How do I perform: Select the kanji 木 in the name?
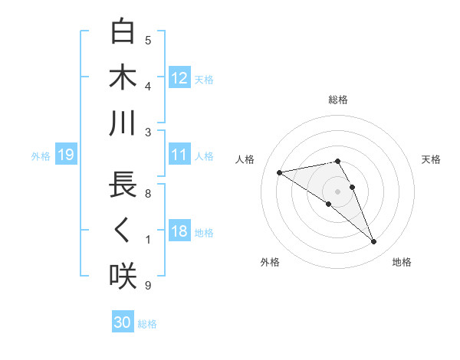click(123, 78)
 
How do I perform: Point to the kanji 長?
click(123, 186)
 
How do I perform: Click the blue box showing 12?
click(179, 77)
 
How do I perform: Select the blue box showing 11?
click(179, 155)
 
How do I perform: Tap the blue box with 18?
click(179, 232)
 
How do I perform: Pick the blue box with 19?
click(65, 155)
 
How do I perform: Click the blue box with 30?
click(123, 323)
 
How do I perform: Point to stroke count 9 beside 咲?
click(147, 286)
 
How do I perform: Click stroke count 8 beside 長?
click(147, 195)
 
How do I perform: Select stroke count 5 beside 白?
click(148, 41)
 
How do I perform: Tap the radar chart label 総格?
click(338, 100)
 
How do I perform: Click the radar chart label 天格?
click(431, 159)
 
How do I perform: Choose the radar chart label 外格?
click(270, 262)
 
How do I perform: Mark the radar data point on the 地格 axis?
click(374, 242)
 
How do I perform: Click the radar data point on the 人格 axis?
click(280, 172)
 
